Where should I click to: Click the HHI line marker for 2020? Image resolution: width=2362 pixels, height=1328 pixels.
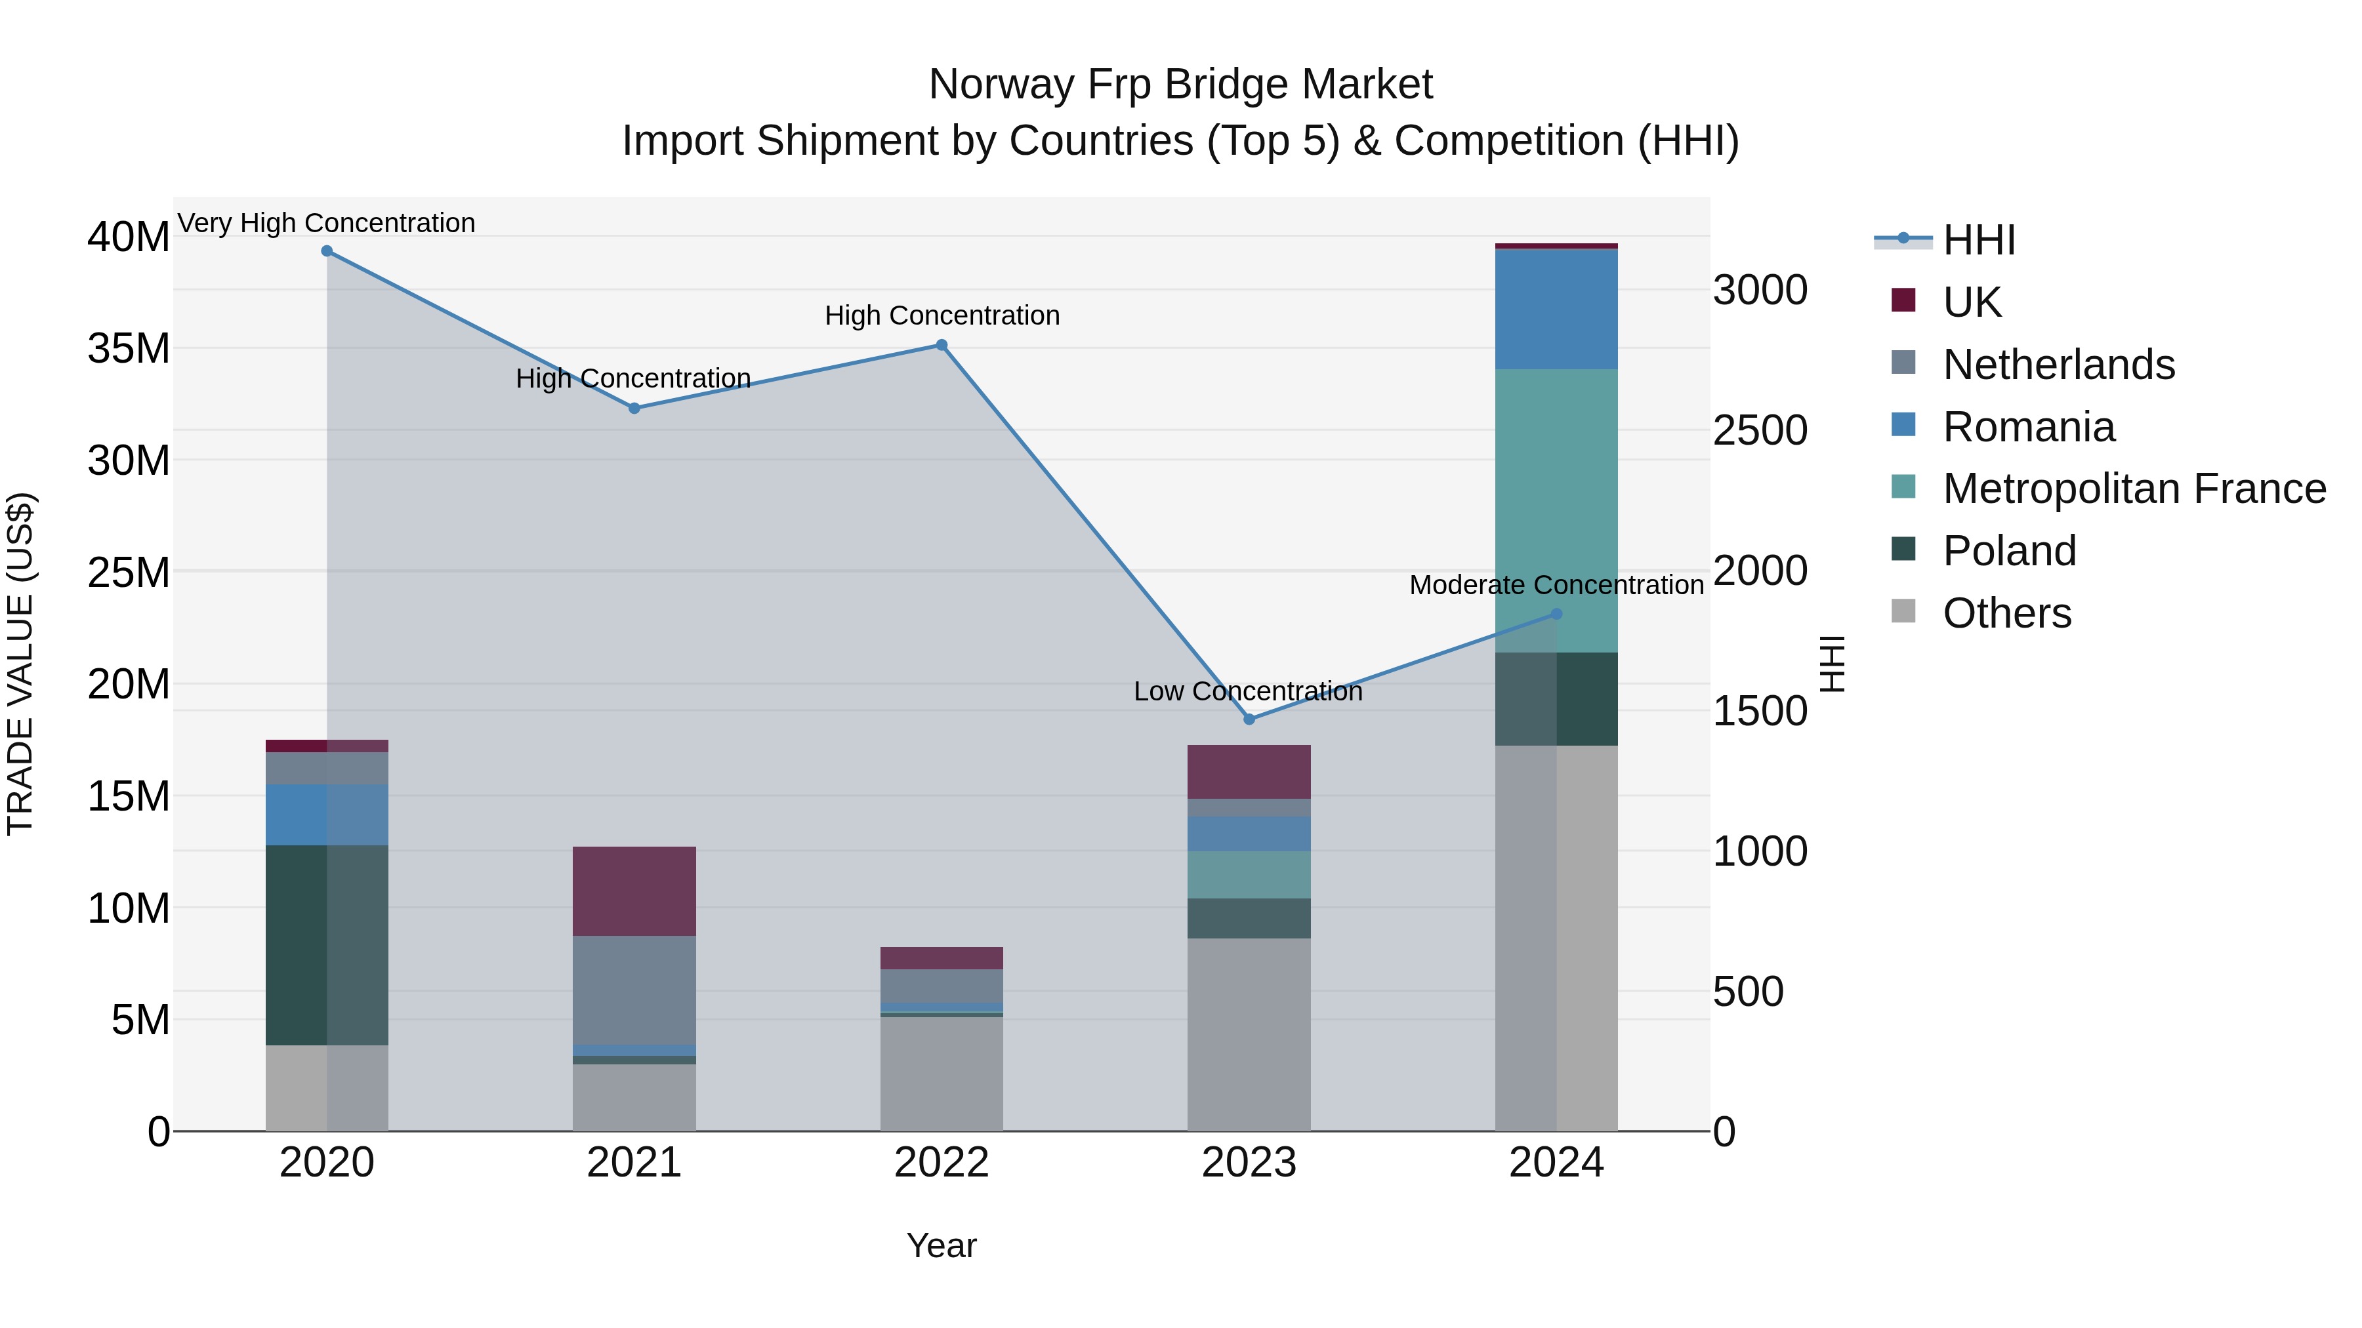[327, 251]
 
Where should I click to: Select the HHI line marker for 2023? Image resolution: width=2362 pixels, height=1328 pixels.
[1249, 719]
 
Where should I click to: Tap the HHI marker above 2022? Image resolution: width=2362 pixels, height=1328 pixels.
[942, 346]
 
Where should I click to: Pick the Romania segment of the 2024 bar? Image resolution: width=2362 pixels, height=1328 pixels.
[1556, 309]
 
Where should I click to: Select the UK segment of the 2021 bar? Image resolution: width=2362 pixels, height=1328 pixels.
[634, 891]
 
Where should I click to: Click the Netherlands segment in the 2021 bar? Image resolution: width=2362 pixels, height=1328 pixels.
[634, 990]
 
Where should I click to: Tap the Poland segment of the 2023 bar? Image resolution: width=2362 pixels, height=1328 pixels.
[1249, 918]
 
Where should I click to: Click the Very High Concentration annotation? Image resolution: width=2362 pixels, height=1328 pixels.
[327, 223]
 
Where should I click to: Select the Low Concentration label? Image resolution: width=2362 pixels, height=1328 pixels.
[1248, 691]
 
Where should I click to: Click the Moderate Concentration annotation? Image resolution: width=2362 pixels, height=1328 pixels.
[1556, 585]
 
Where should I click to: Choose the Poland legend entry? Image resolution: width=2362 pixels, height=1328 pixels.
[2008, 551]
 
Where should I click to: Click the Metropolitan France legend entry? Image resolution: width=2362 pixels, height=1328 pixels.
[2133, 489]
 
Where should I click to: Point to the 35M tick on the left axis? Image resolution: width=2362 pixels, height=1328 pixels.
[129, 348]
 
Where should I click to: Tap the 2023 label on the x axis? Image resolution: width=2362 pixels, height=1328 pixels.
[1249, 1163]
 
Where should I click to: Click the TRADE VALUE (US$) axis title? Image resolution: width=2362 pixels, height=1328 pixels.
[20, 664]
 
